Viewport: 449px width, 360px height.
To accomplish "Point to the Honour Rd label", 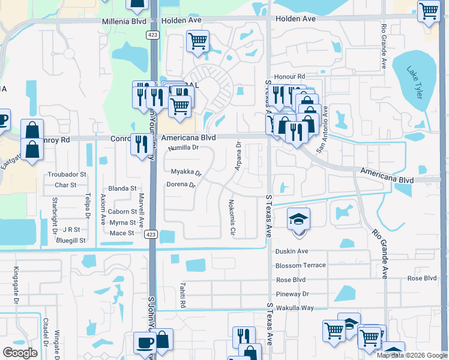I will pos(289,77).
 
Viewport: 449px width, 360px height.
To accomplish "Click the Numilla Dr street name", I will pos(183,148).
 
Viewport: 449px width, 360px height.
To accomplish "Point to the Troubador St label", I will pos(67,175).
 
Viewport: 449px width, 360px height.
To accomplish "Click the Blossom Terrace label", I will pos(300,265).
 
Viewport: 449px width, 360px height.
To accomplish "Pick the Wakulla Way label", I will pos(295,308).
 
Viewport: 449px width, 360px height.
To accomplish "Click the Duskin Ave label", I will pos(292,251).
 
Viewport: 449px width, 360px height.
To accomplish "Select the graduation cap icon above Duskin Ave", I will pos(297,220).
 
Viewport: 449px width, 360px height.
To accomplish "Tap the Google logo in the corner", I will pos(20,353).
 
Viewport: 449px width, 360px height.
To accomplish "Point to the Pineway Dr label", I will pos(292,294).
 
